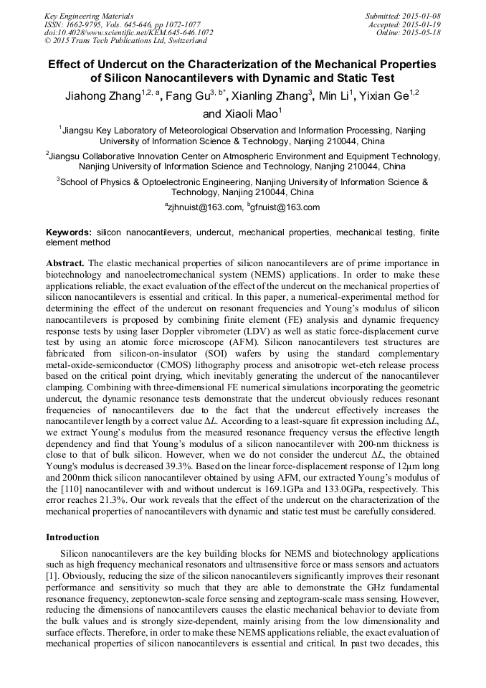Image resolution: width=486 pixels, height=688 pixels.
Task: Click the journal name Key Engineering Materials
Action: (x=88, y=15)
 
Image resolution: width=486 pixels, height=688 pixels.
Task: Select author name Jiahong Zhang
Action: (x=101, y=96)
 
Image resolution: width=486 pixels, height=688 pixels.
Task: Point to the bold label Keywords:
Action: (x=69, y=233)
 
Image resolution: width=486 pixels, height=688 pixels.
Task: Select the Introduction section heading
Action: (x=72, y=537)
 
